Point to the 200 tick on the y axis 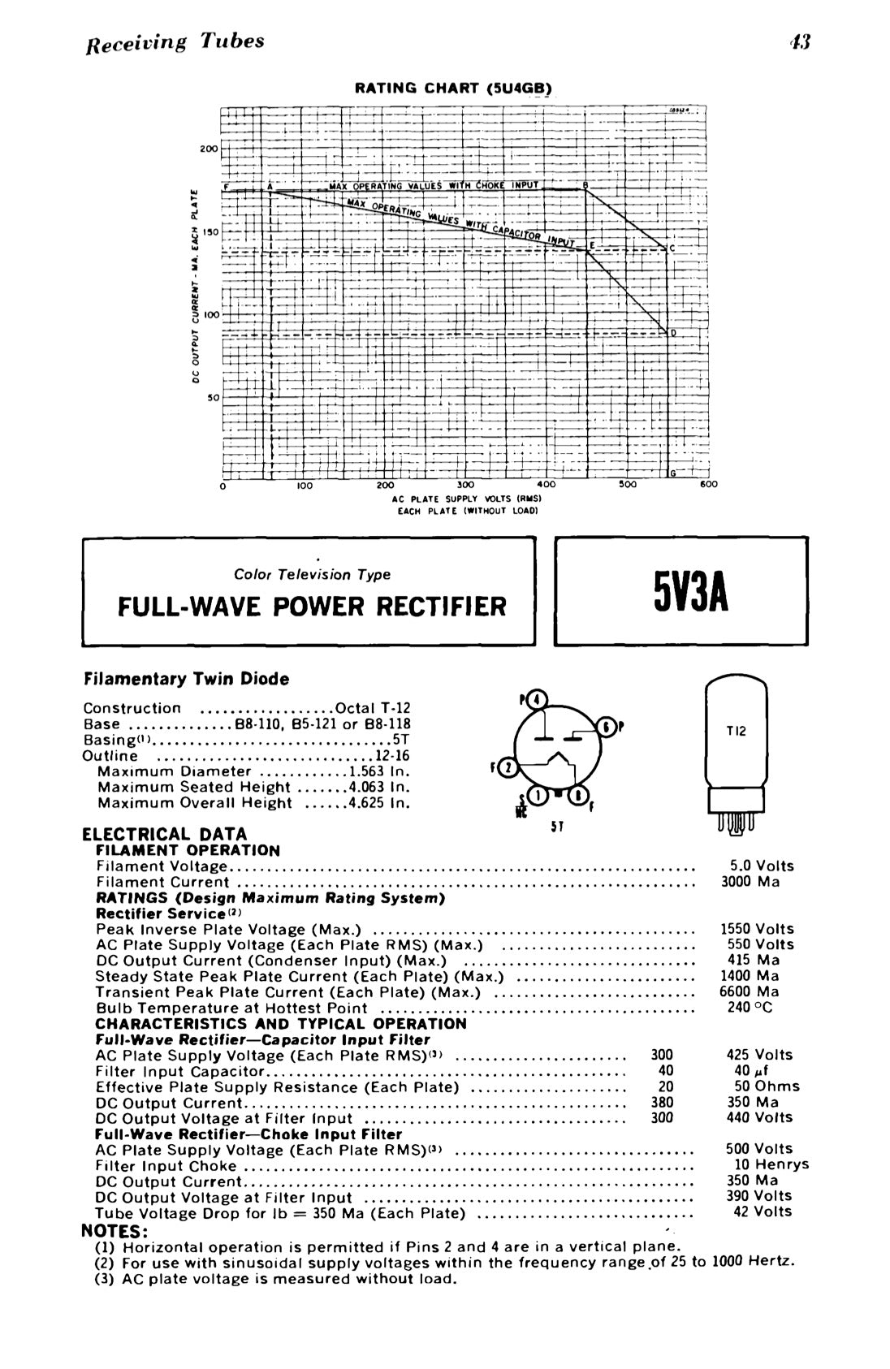coord(210,149)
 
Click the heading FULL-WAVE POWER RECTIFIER coord(312,606)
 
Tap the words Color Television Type coord(312,574)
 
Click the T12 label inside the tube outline coord(736,732)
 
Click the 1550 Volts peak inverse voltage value coord(757,929)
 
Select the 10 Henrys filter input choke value coord(771,1164)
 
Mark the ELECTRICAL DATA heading coord(165,834)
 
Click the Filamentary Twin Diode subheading coord(186,678)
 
